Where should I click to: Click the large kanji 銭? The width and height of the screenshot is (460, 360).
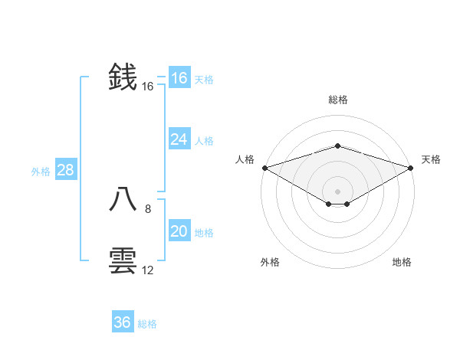[123, 77]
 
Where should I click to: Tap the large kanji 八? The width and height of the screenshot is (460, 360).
[123, 200]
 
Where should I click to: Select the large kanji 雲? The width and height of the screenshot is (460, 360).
[123, 261]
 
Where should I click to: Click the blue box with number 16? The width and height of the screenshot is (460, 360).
[179, 78]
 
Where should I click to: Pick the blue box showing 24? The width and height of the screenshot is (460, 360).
[179, 139]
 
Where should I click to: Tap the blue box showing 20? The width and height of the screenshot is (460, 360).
[179, 231]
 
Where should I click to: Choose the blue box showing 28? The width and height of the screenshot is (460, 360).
[65, 170]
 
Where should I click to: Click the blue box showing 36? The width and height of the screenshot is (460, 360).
[122, 322]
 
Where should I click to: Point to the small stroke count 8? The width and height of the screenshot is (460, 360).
[148, 208]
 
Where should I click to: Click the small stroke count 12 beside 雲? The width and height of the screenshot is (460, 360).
[148, 270]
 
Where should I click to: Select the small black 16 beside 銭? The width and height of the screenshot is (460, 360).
[148, 87]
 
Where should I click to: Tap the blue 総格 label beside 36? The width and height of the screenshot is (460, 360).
[147, 324]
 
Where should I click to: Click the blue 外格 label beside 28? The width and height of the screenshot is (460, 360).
[41, 172]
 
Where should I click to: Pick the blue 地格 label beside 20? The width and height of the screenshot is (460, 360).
[204, 233]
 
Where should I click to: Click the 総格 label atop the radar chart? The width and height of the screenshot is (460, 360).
[337, 100]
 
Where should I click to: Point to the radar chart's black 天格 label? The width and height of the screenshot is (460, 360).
[431, 159]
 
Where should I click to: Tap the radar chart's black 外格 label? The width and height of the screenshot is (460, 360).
[270, 262]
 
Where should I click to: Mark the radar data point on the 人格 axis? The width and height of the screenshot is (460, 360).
[264, 168]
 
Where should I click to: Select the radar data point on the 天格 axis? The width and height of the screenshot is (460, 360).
[411, 168]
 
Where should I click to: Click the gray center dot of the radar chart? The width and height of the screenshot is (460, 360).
[337, 191]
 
